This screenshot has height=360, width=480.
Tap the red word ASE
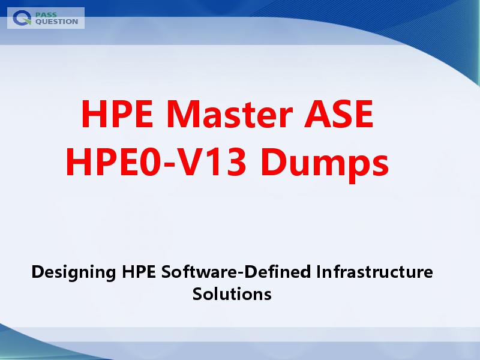coord(338,113)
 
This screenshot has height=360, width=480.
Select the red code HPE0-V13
coord(156,161)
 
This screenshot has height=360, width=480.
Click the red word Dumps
coord(325,164)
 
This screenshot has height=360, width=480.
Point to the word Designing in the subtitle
coord(73,272)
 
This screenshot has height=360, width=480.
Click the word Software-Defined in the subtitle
coord(236,271)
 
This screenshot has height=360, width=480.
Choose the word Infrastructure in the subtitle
coord(374,271)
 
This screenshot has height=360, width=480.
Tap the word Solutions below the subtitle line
coord(232,293)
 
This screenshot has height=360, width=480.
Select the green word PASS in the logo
coord(46,14)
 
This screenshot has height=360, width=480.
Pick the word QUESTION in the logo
coord(57,22)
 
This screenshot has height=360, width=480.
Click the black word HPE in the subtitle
coord(139,271)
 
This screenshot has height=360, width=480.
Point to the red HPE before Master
coord(117,113)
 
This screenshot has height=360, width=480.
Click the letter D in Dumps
coord(274,161)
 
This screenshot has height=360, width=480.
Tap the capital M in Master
coord(185,113)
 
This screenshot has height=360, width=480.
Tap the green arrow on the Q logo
coord(27,21)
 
